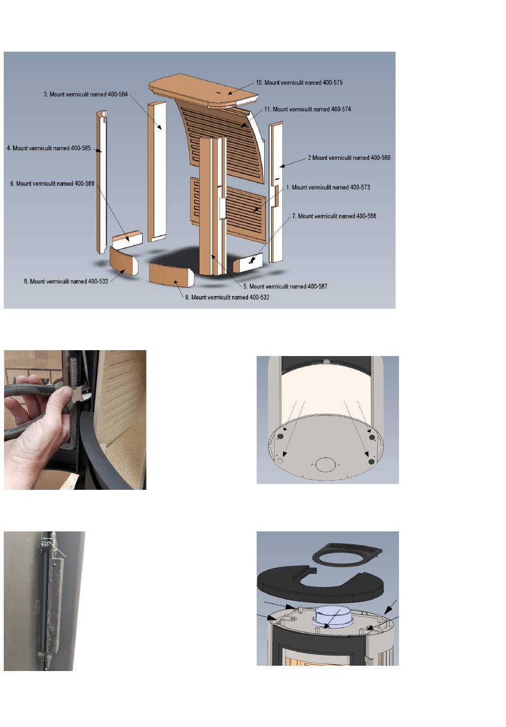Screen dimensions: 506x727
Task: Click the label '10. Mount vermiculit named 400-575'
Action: (x=299, y=83)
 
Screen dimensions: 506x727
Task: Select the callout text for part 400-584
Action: (x=86, y=94)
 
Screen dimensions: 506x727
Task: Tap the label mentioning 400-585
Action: (x=48, y=148)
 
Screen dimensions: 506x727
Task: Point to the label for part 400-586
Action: (x=349, y=158)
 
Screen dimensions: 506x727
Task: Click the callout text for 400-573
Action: (x=328, y=187)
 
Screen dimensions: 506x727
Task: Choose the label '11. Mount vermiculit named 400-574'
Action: (x=307, y=109)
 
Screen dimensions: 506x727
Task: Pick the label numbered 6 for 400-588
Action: (x=52, y=184)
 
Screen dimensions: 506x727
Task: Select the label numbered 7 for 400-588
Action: (x=334, y=216)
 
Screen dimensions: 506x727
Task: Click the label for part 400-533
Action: (x=66, y=281)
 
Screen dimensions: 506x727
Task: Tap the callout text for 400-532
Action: (x=227, y=297)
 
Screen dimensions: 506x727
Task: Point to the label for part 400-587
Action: (x=285, y=286)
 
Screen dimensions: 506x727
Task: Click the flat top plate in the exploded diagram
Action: (x=203, y=91)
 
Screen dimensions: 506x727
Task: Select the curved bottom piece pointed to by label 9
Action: (x=172, y=275)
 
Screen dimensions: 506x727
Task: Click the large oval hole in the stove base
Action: (x=325, y=465)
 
